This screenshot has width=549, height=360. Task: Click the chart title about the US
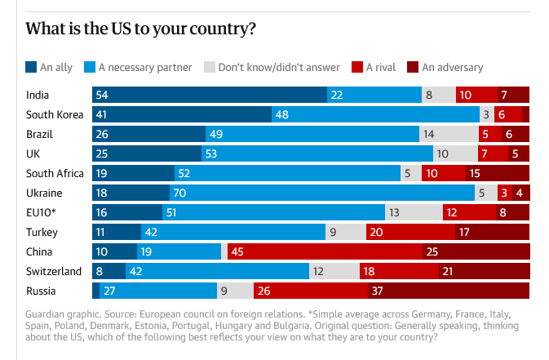click(141, 30)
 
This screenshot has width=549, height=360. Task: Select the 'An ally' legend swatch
click(32, 67)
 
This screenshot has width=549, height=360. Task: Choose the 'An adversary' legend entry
click(447, 67)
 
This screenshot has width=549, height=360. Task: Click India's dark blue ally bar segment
click(210, 95)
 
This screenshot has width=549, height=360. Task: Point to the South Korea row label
click(55, 114)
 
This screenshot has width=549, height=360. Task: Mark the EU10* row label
click(42, 212)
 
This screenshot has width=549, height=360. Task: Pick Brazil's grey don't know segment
click(449, 134)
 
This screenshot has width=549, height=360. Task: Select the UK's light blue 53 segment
click(317, 153)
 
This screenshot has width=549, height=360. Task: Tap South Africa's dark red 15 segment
click(498, 173)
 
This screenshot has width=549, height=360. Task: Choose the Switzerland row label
click(54, 271)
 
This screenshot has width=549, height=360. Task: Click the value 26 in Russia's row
click(263, 291)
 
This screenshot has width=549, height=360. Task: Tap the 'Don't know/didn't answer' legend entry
click(277, 67)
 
